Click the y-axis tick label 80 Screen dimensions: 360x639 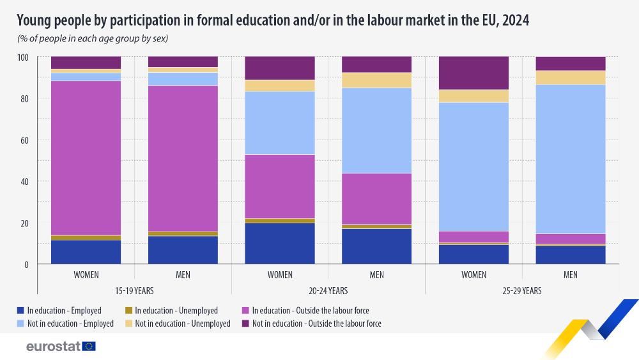click(24, 98)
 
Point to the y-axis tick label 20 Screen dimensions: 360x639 click(24, 223)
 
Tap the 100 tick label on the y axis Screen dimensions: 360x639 click(22, 57)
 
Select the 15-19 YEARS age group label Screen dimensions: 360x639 click(134, 290)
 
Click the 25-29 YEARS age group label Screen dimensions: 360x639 click(522, 290)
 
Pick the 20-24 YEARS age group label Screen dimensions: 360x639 click(328, 290)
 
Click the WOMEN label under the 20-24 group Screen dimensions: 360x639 click(280, 275)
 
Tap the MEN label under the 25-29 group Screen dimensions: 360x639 click(571, 275)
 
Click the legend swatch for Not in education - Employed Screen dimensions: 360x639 click(21, 324)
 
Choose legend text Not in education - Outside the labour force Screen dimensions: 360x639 click(316, 324)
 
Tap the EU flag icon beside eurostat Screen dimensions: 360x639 click(89, 346)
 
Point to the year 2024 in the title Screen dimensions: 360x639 click(515, 21)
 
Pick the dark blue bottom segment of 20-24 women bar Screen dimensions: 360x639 click(280, 244)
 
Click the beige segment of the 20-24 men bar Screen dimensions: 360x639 click(377, 80)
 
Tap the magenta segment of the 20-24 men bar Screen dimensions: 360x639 click(377, 199)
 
